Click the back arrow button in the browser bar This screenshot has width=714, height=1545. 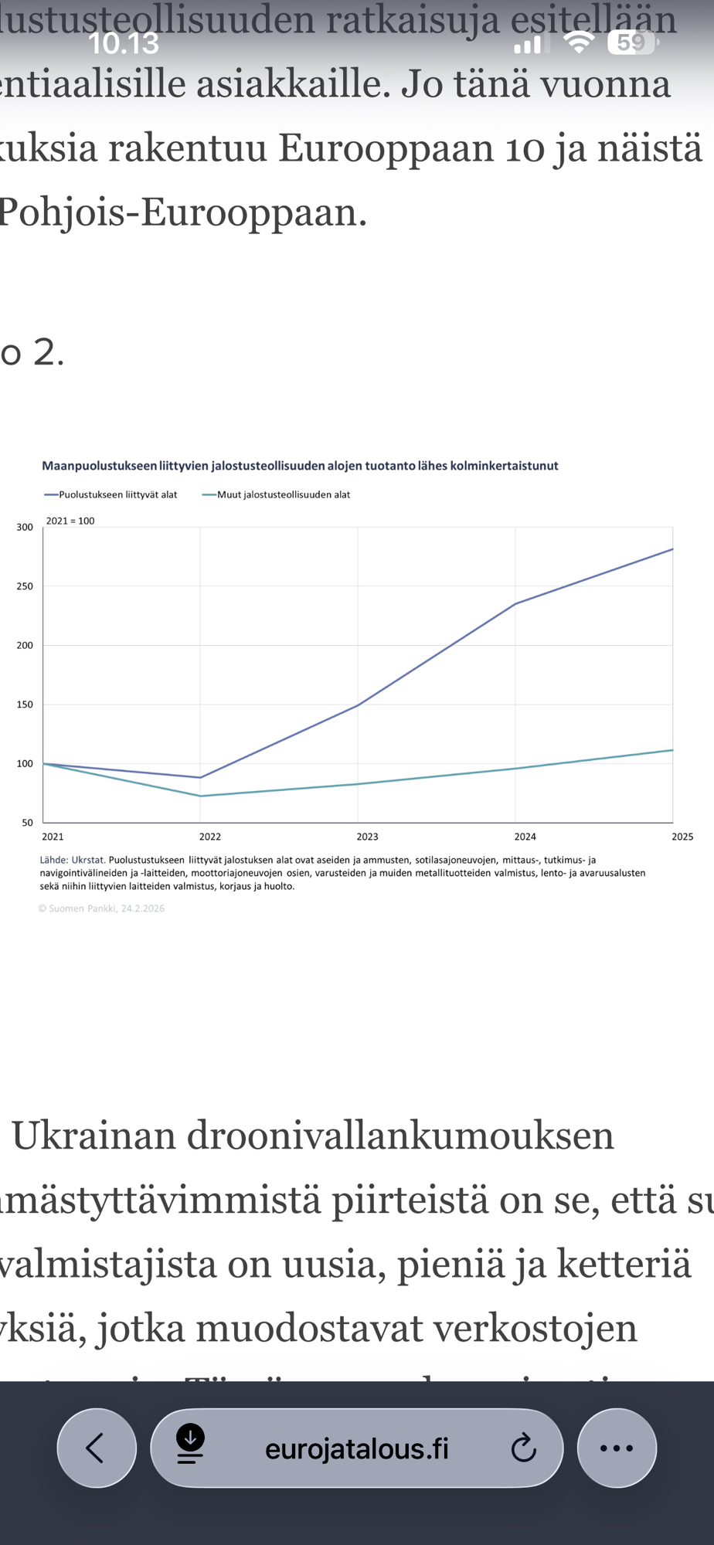click(96, 1448)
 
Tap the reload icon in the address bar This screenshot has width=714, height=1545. click(523, 1448)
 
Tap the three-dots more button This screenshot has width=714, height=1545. click(617, 1448)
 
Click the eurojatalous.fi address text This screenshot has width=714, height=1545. click(356, 1448)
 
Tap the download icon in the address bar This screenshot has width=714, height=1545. click(190, 1445)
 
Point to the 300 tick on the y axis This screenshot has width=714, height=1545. click(25, 528)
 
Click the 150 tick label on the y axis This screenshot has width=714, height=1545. click(25, 705)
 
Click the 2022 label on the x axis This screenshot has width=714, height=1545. click(209, 837)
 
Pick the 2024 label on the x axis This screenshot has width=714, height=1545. click(525, 837)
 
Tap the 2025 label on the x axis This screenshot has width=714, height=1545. click(682, 837)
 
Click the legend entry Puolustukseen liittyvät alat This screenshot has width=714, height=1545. click(117, 495)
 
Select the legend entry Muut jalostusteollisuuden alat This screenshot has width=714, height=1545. click(283, 495)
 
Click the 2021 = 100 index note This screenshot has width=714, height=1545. click(70, 521)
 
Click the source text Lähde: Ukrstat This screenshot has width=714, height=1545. click(72, 860)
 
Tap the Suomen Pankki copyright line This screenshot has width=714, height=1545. click(101, 908)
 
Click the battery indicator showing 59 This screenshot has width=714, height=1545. click(632, 42)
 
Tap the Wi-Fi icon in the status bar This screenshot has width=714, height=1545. click(578, 42)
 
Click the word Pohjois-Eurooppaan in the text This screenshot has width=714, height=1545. click(183, 212)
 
